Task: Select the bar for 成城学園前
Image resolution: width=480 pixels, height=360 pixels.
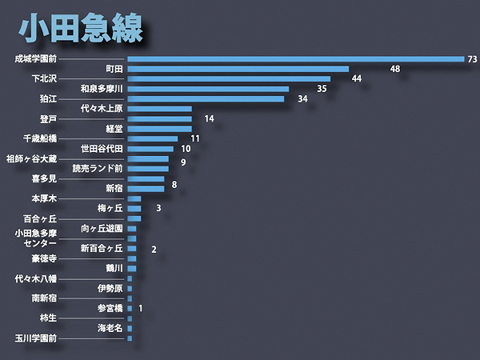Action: tap(296, 58)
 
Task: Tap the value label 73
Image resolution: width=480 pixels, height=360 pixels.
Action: tap(472, 59)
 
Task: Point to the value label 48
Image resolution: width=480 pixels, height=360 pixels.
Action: tap(395, 70)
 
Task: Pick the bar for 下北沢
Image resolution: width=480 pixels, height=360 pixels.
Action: tap(229, 78)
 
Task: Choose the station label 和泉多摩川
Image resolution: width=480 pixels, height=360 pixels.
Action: tap(102, 89)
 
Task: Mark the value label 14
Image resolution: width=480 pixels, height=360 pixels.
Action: tap(209, 119)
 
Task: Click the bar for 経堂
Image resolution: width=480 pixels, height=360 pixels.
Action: tap(159, 129)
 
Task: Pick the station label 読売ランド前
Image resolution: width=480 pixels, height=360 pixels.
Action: tap(98, 169)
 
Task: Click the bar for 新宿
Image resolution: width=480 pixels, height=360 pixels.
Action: tap(146, 189)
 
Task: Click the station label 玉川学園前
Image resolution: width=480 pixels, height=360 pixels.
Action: tap(36, 338)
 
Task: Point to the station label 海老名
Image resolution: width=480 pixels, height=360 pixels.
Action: tap(110, 328)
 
